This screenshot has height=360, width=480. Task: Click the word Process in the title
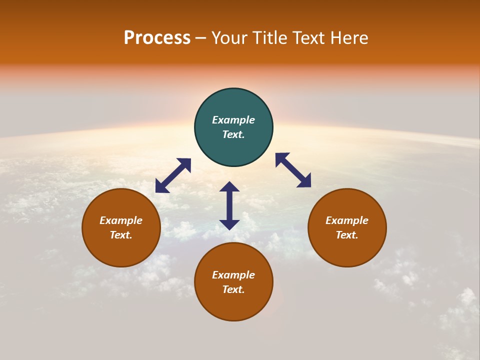(157, 38)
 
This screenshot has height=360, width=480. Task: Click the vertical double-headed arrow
(229, 206)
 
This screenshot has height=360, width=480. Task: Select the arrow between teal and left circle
(173, 175)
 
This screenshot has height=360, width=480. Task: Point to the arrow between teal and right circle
(293, 170)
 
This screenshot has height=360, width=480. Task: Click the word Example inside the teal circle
(233, 120)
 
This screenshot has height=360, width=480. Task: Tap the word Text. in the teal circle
(233, 134)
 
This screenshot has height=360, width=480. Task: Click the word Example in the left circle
(121, 220)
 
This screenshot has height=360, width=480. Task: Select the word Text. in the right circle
(347, 235)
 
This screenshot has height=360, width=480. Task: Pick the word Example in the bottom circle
(233, 275)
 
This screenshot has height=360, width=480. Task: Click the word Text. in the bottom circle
(233, 289)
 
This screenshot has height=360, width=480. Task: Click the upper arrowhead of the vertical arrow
(229, 187)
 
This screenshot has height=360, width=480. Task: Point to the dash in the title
(200, 38)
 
